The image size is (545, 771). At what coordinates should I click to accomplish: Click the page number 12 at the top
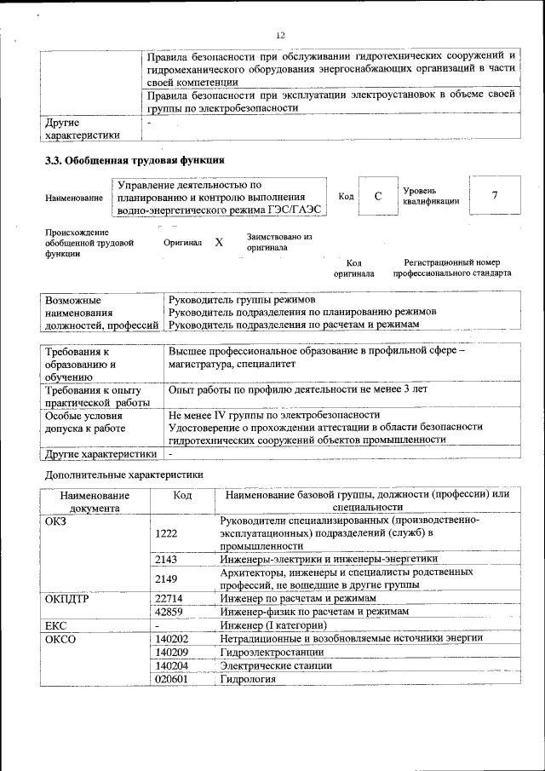point(280,35)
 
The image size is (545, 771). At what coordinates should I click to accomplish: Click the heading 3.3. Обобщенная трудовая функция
point(135,159)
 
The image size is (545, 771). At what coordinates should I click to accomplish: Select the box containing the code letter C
point(376,196)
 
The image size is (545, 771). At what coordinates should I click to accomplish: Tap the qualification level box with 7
point(494,196)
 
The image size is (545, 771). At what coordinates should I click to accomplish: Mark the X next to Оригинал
point(219,243)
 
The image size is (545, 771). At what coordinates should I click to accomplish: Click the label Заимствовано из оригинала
point(279,242)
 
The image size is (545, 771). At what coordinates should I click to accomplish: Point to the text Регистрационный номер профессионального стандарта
point(451,268)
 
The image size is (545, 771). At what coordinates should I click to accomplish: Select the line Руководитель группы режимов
point(242,301)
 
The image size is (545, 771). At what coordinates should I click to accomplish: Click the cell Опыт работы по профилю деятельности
point(298,389)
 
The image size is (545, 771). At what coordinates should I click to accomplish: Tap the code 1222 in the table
point(167,532)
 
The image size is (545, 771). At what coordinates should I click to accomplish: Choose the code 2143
point(167,559)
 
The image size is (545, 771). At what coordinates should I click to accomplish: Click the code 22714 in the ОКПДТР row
point(170,599)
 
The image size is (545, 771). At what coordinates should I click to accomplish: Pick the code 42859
point(170,612)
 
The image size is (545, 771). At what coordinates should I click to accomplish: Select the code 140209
point(172,653)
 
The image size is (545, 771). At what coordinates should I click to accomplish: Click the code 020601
point(172,680)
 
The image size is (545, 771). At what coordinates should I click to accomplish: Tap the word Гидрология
point(248,680)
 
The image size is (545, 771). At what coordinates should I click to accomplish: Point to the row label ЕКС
point(55,626)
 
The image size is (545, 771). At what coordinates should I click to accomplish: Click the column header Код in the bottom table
point(182,495)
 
